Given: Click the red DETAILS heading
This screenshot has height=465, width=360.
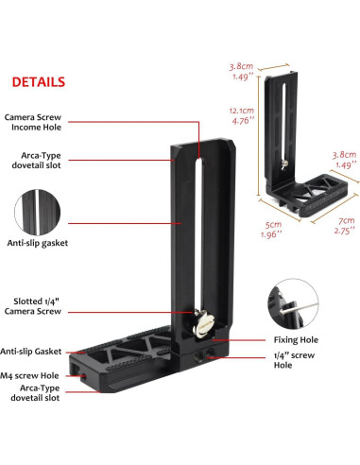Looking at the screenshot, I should [39, 81].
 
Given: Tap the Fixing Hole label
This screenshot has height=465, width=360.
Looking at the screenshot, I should [294, 339].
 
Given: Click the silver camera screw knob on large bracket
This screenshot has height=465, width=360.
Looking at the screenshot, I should [200, 325].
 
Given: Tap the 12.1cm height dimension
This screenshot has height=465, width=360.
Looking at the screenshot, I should [242, 111].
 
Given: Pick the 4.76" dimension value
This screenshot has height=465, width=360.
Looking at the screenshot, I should [242, 121].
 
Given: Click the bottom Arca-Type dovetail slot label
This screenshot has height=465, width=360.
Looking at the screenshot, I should [36, 394].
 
